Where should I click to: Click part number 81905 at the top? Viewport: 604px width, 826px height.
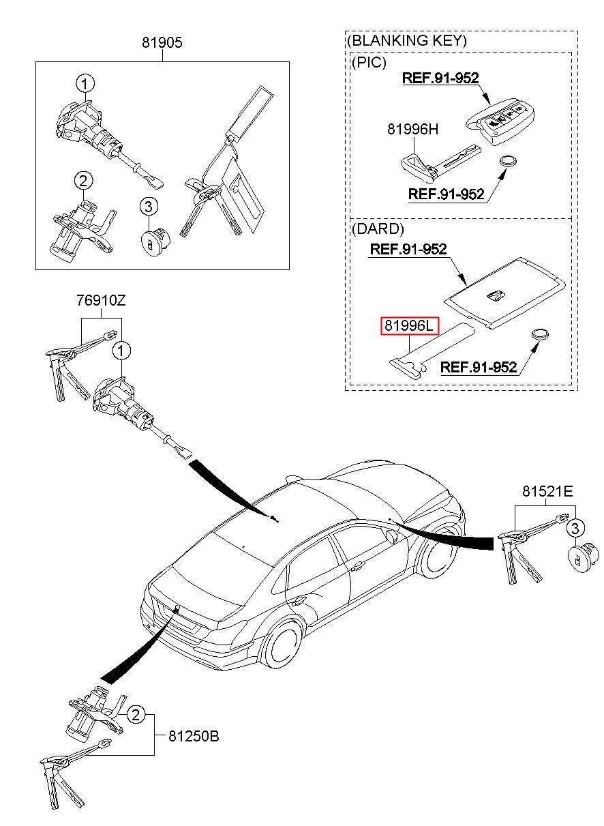[x=162, y=42]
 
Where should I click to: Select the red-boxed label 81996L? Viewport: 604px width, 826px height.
[x=410, y=325]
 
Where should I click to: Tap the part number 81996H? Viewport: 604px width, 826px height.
[x=412, y=129]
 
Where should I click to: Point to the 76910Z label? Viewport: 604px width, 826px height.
[x=101, y=300]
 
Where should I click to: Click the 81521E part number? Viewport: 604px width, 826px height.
[x=547, y=491]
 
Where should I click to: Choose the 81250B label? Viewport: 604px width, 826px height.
[x=194, y=736]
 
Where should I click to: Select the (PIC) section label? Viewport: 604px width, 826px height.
[x=369, y=63]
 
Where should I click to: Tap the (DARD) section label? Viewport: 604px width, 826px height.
[x=378, y=229]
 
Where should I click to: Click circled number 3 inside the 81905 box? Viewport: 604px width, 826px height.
[x=149, y=207]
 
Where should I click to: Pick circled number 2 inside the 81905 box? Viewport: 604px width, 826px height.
[x=84, y=181]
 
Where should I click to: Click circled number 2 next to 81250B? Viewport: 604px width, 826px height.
[x=136, y=716]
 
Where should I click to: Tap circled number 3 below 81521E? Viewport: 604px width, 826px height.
[x=575, y=529]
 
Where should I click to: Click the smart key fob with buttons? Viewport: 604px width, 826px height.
[x=500, y=120]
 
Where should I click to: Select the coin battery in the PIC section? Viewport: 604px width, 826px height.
[x=508, y=162]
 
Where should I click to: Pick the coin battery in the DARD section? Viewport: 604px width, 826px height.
[x=540, y=334]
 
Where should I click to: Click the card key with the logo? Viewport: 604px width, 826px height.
[x=505, y=293]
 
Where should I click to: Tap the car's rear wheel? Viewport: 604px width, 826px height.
[x=283, y=643]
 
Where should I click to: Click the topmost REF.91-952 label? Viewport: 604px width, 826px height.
[x=440, y=78]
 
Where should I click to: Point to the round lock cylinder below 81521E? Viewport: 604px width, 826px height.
[x=583, y=557]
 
